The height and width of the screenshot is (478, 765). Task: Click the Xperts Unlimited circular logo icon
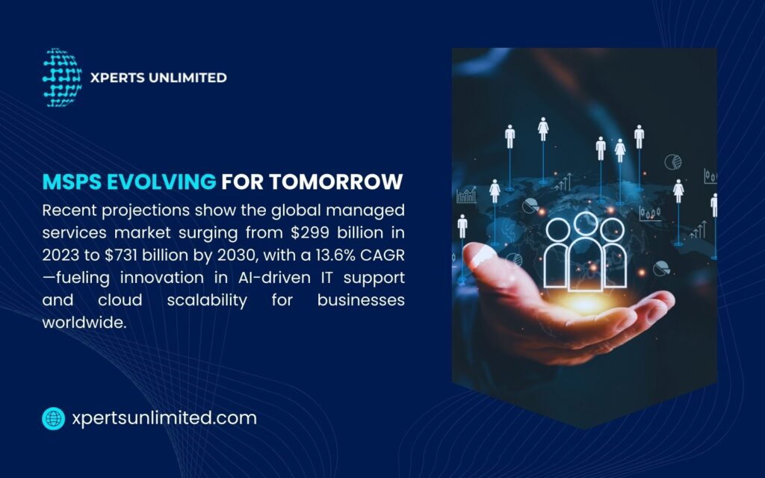coord(62,78)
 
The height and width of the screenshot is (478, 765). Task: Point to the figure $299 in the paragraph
coord(306,231)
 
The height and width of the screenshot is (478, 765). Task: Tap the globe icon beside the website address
coord(54,418)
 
